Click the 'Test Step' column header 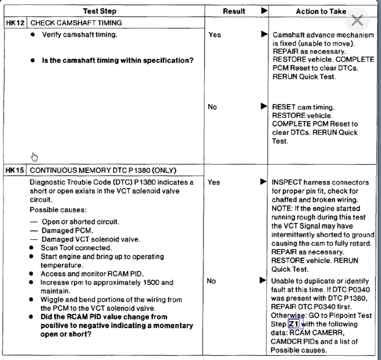pyautogui.click(x=100, y=11)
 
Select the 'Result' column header pyautogui.click(x=234, y=11)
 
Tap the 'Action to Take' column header pyautogui.click(x=321, y=11)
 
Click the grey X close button pyautogui.click(x=357, y=20)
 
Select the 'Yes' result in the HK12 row pyautogui.click(x=214, y=35)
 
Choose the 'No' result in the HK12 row pyautogui.click(x=212, y=107)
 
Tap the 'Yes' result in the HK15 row pyautogui.click(x=213, y=182)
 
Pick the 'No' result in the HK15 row pyautogui.click(x=212, y=281)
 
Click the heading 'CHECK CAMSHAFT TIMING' pyautogui.click(x=76, y=23)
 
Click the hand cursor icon pyautogui.click(x=34, y=156)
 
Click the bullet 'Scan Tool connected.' pyautogui.click(x=70, y=248)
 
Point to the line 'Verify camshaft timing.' pyautogui.click(x=79, y=35)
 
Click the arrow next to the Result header pyautogui.click(x=264, y=11)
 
